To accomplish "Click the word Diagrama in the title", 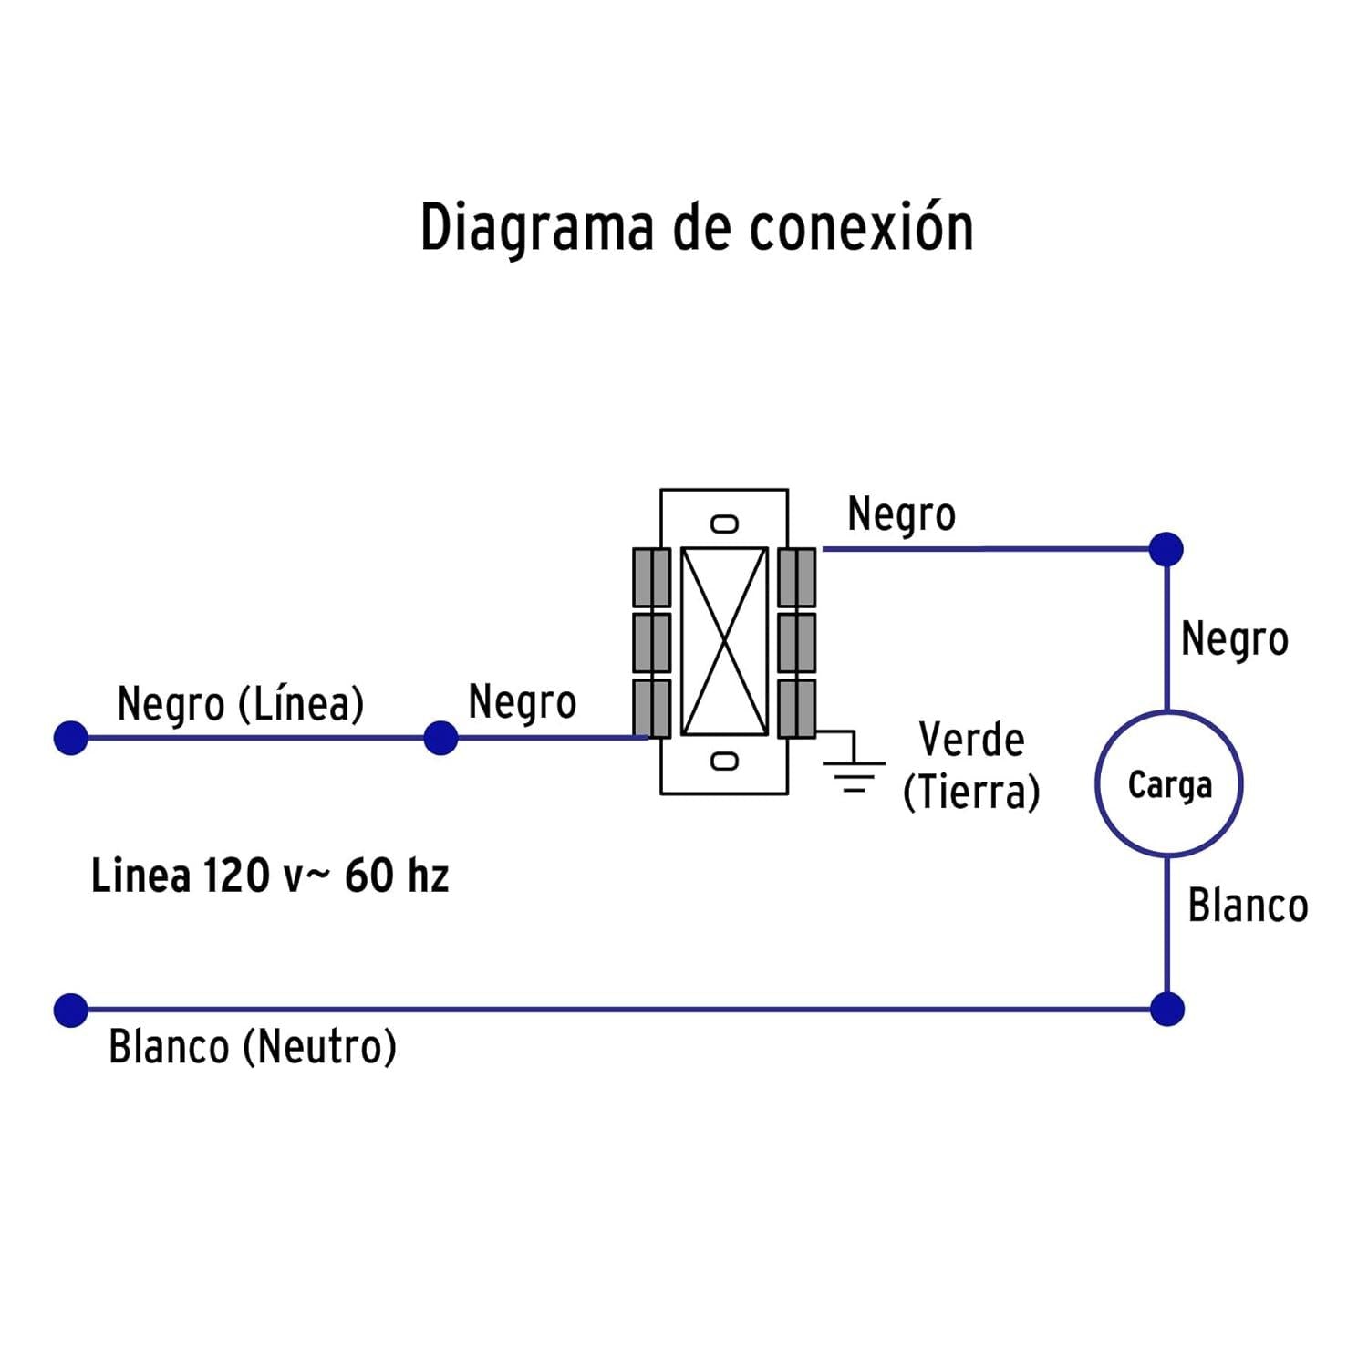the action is (x=537, y=228).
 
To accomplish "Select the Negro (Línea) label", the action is (x=241, y=704).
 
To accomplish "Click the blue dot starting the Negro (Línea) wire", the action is (x=71, y=738).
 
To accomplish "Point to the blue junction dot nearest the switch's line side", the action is (x=440, y=738).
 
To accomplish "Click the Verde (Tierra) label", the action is (x=971, y=766).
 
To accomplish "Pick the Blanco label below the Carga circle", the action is (x=1248, y=907).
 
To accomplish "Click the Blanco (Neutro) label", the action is (x=253, y=1047).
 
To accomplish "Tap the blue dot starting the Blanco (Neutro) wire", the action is (x=71, y=1010).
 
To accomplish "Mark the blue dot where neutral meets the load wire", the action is (x=1167, y=1010).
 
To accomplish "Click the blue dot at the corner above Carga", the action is (x=1166, y=549).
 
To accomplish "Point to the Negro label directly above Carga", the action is (x=1235, y=640).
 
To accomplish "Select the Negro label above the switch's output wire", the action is (x=901, y=515).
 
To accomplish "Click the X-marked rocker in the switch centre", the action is (x=724, y=641).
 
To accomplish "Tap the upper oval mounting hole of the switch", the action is (x=725, y=524).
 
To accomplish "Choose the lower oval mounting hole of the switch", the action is (x=725, y=761).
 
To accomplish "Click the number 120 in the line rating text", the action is (x=236, y=876).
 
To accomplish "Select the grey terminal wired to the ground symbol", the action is (x=797, y=709).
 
